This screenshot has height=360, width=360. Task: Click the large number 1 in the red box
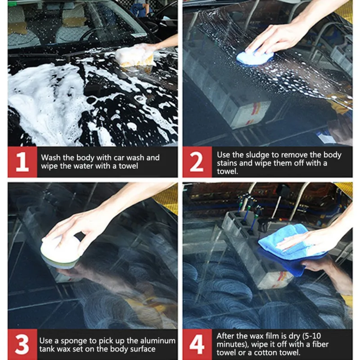(22, 162)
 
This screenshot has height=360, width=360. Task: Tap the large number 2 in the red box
(197, 162)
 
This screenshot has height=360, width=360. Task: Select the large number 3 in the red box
(22, 344)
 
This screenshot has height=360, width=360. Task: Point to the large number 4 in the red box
(197, 344)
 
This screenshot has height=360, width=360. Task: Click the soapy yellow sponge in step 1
(135, 56)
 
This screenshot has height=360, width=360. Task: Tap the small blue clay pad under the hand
(254, 58)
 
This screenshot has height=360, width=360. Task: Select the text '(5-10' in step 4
(311, 336)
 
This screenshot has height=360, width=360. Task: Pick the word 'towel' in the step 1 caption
(128, 166)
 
